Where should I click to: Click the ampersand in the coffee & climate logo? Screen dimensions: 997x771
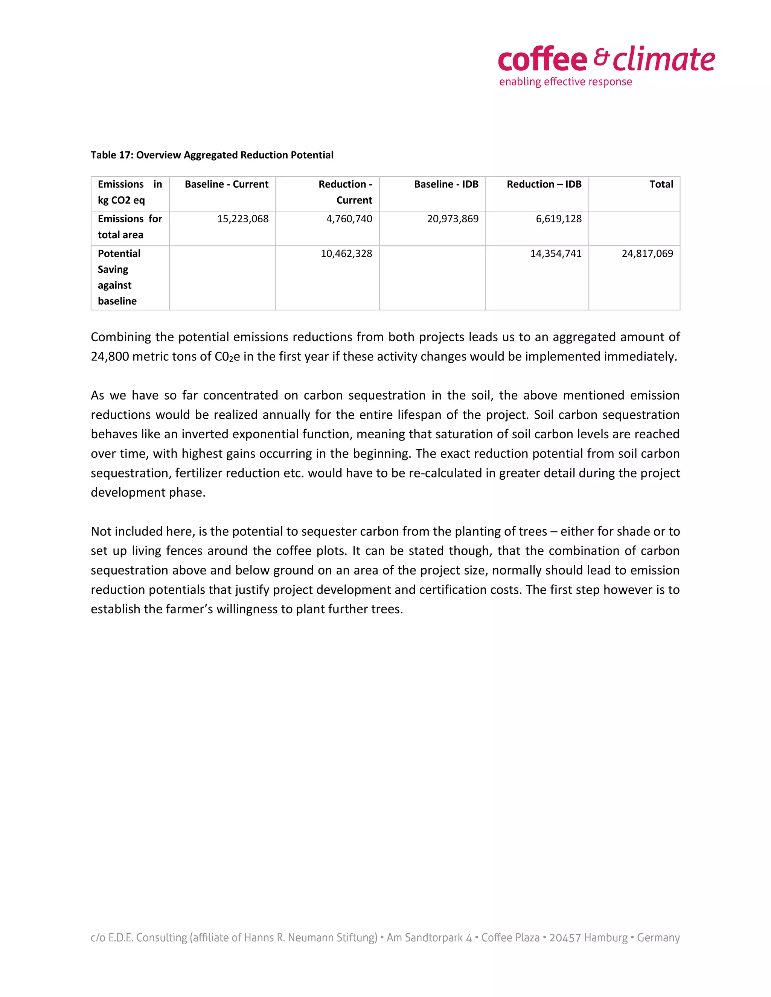click(x=602, y=58)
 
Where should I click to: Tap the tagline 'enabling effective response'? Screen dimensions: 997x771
click(x=565, y=82)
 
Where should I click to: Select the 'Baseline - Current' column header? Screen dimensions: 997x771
click(x=226, y=184)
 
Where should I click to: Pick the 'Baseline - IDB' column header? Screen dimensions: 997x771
click(x=446, y=184)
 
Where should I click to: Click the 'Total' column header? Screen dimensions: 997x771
click(x=661, y=184)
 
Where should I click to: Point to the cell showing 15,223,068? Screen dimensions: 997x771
click(x=242, y=219)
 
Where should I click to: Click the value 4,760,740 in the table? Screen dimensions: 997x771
click(x=349, y=219)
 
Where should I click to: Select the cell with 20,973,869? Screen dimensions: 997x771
click(x=452, y=219)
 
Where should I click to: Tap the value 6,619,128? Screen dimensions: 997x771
click(x=558, y=219)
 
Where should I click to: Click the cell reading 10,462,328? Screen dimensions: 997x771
click(x=346, y=254)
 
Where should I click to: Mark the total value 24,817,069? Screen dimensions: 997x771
click(x=647, y=254)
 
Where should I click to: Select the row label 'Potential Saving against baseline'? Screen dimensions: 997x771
click(x=119, y=277)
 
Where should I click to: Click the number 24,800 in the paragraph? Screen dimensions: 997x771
click(x=110, y=357)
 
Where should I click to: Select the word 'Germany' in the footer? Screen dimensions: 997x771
click(x=658, y=938)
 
